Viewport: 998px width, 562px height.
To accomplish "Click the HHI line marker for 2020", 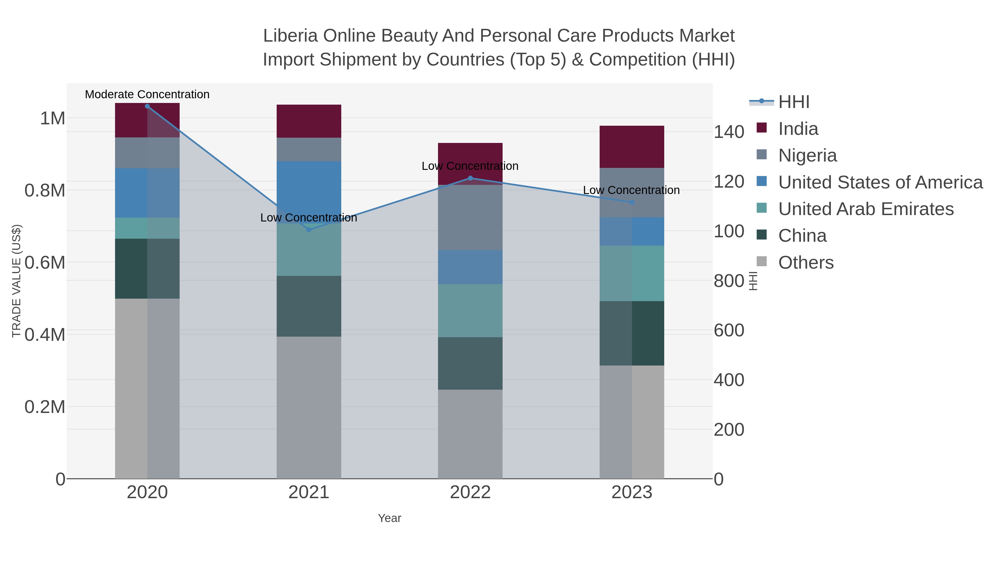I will pyautogui.click(x=147, y=106).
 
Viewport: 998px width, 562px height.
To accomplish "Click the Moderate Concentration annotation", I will pyautogui.click(x=147, y=94).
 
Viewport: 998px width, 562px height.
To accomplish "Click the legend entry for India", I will pyautogui.click(x=798, y=129).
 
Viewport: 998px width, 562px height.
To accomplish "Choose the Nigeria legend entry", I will pyautogui.click(x=807, y=155).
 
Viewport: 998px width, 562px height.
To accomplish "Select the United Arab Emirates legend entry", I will pyautogui.click(x=866, y=209).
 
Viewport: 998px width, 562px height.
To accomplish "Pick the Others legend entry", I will pyautogui.click(x=806, y=263).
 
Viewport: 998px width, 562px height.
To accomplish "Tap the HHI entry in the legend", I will pyautogui.click(x=793, y=102).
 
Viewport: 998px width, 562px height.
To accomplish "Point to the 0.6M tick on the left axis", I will pyautogui.click(x=45, y=263).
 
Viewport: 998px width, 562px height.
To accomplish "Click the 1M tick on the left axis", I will pyautogui.click(x=53, y=118).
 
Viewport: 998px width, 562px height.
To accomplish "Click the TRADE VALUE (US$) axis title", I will pyautogui.click(x=16, y=281).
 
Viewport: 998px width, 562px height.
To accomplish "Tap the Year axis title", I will pyautogui.click(x=389, y=518).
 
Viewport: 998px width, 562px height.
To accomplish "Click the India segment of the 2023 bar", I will pyautogui.click(x=632, y=147).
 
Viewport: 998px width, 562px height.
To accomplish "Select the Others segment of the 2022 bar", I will pyautogui.click(x=470, y=434).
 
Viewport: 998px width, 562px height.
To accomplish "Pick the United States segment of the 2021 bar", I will pyautogui.click(x=309, y=192).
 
